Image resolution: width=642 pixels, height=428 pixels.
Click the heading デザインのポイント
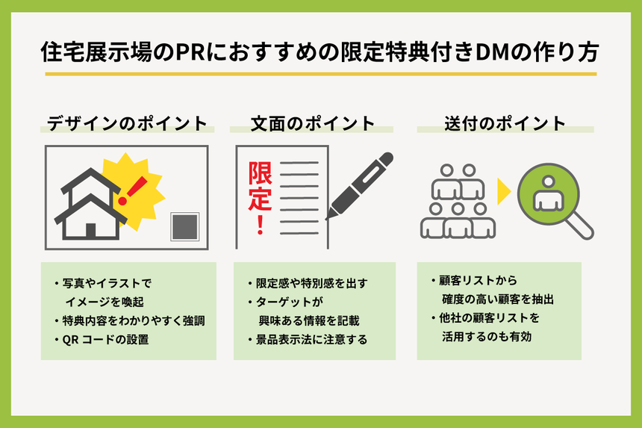[x=127, y=123]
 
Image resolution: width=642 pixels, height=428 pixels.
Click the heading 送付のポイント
[x=505, y=123]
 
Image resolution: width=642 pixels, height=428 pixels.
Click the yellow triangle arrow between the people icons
[x=504, y=192]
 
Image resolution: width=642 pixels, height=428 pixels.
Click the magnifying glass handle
[x=582, y=227]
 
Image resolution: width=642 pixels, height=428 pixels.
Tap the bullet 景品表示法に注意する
[x=312, y=340]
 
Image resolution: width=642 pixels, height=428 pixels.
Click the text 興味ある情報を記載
[x=309, y=321]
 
